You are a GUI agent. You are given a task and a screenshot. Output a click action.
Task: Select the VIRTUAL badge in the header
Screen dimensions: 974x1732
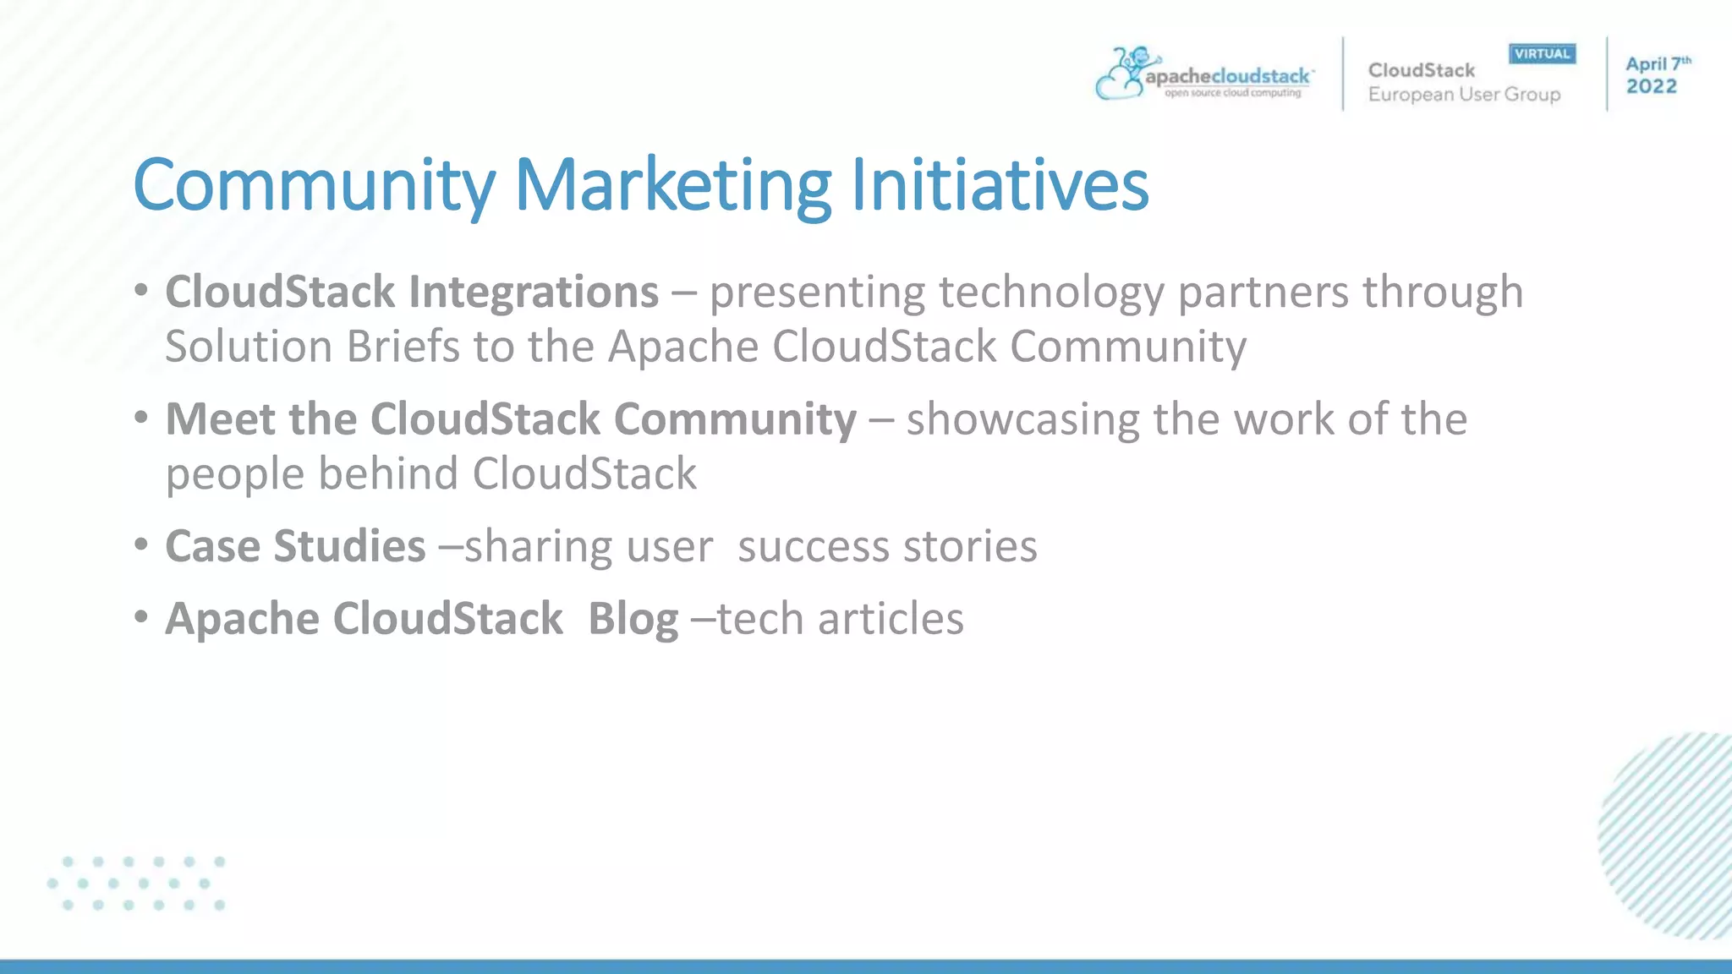point(1542,54)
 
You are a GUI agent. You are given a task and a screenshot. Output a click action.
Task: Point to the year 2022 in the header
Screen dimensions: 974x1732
point(1651,86)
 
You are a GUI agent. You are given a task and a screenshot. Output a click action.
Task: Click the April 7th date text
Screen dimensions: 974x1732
point(1658,64)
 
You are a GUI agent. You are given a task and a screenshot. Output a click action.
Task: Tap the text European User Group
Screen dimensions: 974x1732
point(1464,95)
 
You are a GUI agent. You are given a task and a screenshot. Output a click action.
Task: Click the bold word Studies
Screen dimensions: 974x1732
point(349,546)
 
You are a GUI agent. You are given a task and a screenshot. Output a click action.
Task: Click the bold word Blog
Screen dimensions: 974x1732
point(633,619)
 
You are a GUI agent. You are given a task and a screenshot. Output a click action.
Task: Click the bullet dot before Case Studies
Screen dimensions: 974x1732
point(141,544)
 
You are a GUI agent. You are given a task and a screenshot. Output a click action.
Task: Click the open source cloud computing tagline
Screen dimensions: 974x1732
point(1232,93)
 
